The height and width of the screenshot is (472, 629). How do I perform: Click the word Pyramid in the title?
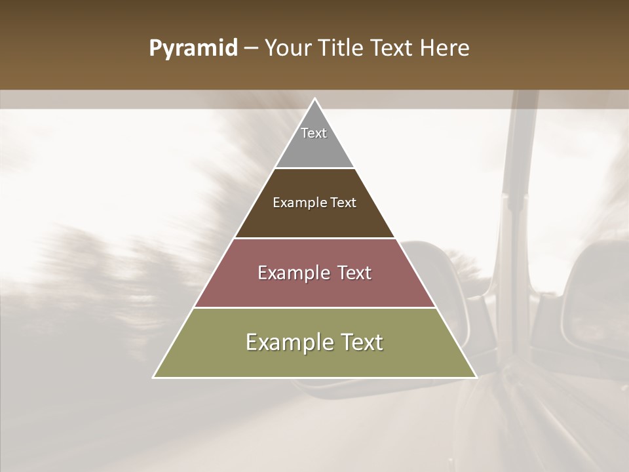point(193,49)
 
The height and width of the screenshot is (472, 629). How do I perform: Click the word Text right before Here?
point(392,49)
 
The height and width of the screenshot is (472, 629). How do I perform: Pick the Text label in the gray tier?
point(314,133)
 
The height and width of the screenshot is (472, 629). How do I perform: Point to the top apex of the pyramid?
point(314,99)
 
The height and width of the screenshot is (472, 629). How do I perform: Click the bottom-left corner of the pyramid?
point(154,377)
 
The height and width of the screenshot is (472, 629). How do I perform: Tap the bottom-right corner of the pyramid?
point(476,377)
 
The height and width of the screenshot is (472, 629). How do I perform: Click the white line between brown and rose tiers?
point(314,238)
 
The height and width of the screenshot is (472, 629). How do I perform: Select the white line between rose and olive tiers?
point(314,307)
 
